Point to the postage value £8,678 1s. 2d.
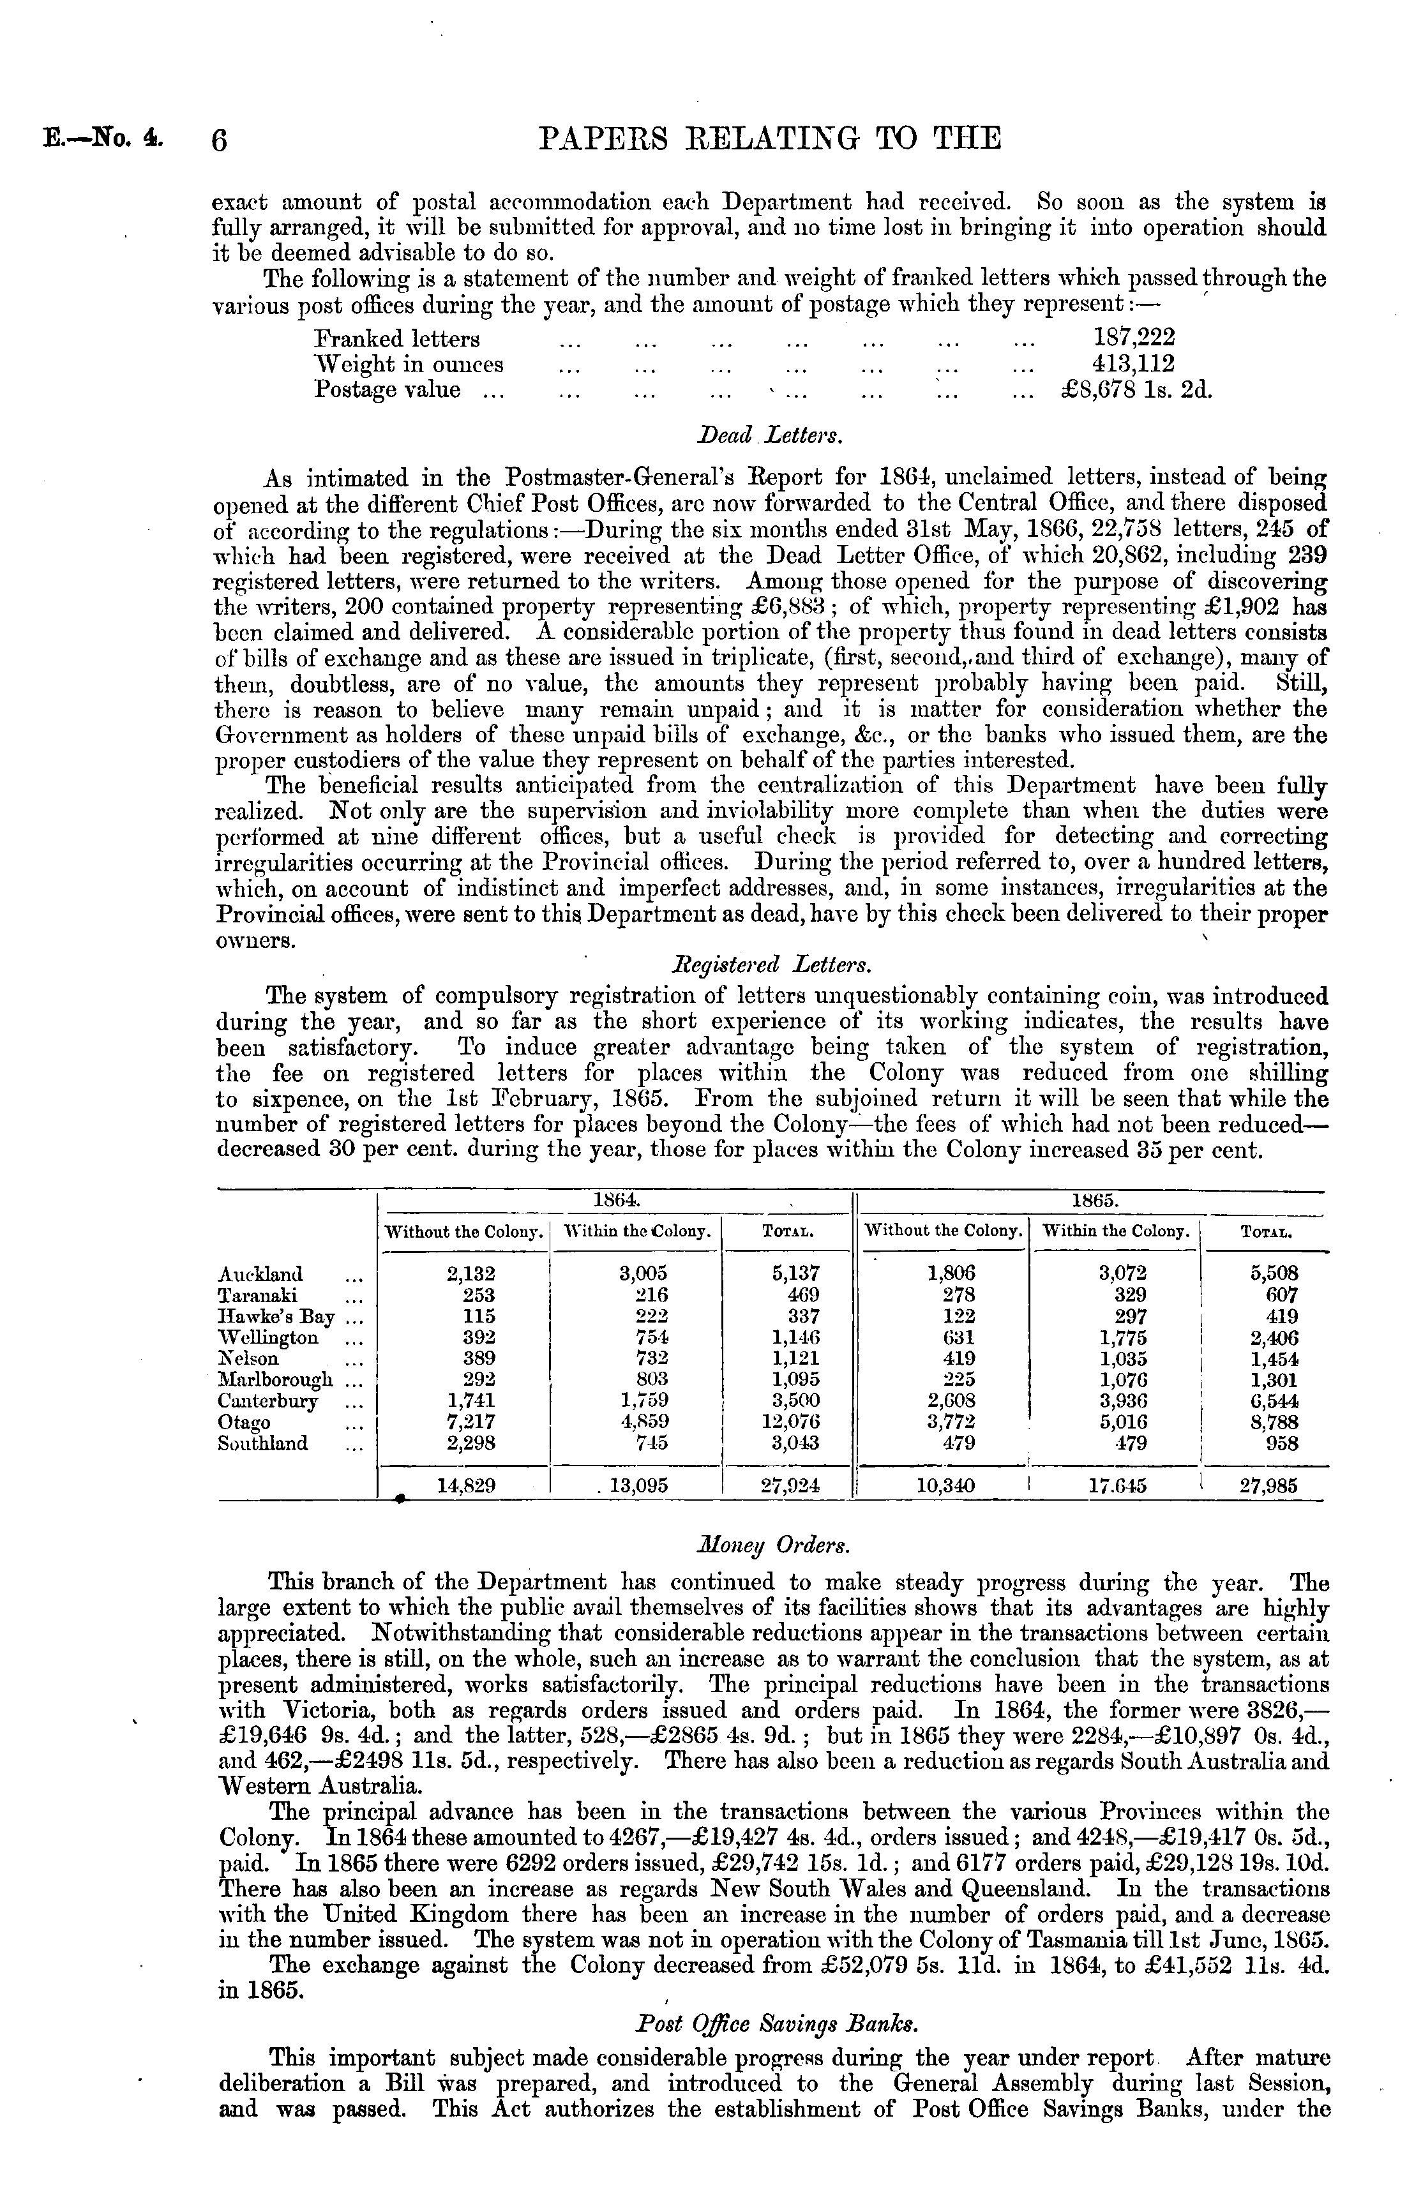[1136, 389]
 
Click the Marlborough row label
[275, 1379]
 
